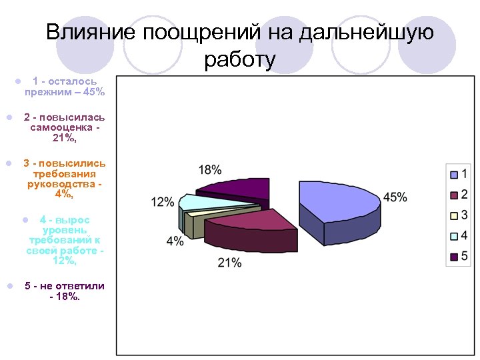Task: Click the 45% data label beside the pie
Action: point(395,197)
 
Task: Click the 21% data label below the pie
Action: point(229,263)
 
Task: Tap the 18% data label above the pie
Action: point(210,170)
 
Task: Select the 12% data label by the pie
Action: point(163,201)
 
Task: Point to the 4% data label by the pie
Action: point(175,241)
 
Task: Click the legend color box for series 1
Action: point(454,175)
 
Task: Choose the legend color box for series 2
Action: point(454,195)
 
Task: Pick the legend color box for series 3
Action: point(454,215)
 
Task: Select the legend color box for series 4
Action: point(454,236)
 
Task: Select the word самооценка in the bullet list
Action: point(65,127)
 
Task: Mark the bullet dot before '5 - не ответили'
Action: point(10,286)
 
